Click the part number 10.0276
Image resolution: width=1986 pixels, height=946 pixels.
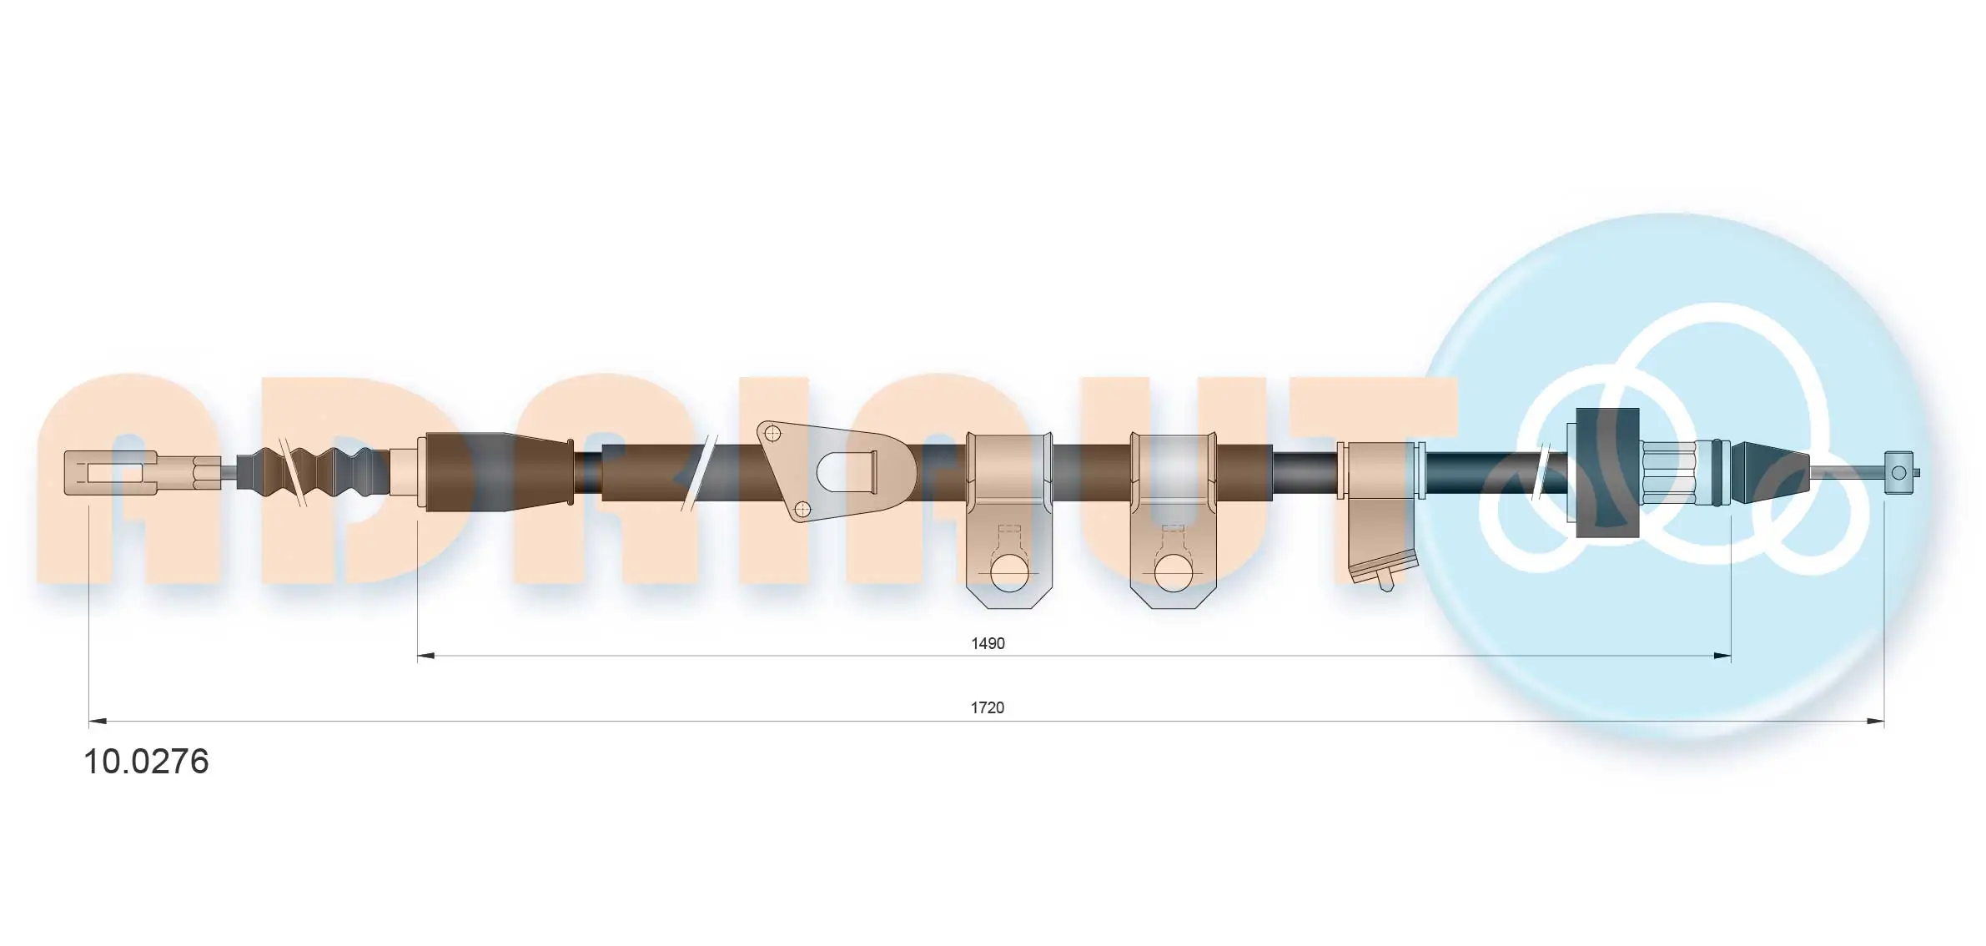pyautogui.click(x=146, y=762)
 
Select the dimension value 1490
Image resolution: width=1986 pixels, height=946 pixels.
pyautogui.click(x=988, y=643)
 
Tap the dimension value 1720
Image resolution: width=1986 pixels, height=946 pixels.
pyautogui.click(x=988, y=707)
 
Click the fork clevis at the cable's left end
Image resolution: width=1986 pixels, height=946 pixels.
pyautogui.click(x=111, y=472)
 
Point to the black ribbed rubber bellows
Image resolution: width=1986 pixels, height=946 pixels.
pyautogui.click(x=313, y=474)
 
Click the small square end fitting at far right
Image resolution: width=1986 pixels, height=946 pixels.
pyautogui.click(x=1900, y=473)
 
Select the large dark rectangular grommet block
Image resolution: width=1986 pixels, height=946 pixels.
pyautogui.click(x=1607, y=472)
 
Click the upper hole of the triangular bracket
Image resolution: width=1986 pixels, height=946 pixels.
pyautogui.click(x=772, y=433)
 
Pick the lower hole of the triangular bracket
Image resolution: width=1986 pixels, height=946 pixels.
pyautogui.click(x=802, y=508)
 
